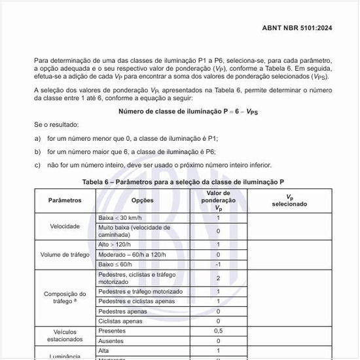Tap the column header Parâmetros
coord(65,200)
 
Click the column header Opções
coord(143,200)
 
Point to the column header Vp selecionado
coord(289,200)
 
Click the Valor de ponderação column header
coord(218,200)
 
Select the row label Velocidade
coord(65,226)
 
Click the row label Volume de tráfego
coord(65,255)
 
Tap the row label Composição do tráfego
coord(65,298)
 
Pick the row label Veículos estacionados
coord(65,336)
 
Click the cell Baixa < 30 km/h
coord(120,217)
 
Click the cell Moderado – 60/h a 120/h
coord(135,255)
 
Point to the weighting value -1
coord(218,264)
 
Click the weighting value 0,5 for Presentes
coord(218,331)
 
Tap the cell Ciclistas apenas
coord(120,321)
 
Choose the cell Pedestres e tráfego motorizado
coord(140,291)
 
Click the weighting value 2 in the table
coord(218,278)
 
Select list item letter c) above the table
coord(37,165)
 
